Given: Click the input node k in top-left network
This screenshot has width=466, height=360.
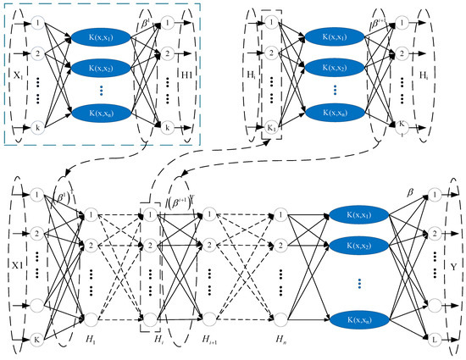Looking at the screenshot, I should pos(36,125).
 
